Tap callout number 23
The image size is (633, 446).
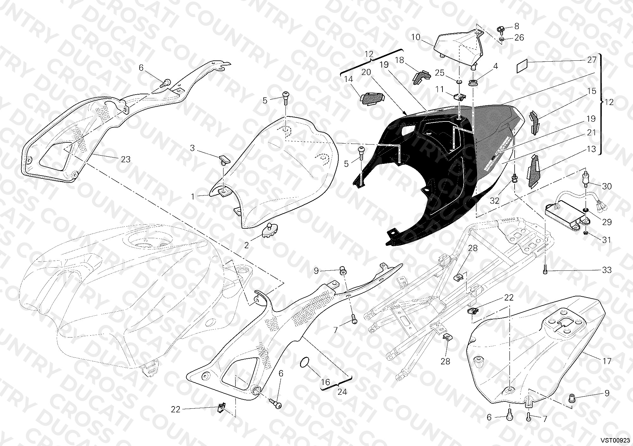126,159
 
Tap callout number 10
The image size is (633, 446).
416,37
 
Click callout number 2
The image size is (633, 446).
247,245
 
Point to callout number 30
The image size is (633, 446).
607,187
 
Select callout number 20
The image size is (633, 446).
366,72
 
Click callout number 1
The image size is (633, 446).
193,196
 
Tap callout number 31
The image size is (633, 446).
606,240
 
